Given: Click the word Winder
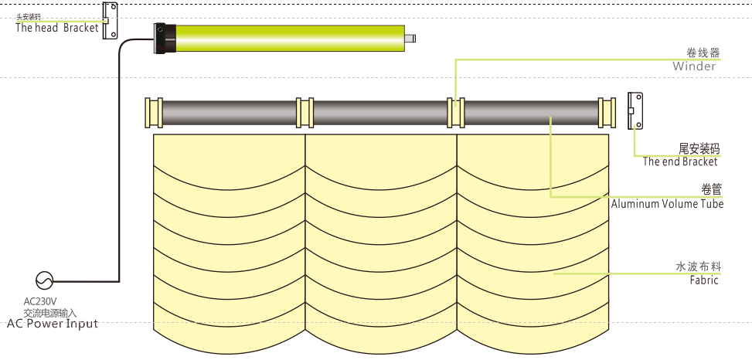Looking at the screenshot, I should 693,66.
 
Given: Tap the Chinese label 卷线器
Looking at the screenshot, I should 703,53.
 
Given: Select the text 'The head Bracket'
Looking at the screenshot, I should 57,28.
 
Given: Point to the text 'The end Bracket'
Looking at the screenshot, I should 679,161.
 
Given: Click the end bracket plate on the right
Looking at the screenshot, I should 635,110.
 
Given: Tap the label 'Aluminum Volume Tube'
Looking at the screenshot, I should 667,204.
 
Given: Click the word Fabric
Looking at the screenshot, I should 703,280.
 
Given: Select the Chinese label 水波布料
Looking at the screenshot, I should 698,267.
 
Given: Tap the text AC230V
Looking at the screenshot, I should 40,301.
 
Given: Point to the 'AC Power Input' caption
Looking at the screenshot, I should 53,324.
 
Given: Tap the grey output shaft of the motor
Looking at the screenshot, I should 411,37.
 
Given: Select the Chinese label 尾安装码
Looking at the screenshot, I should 699,148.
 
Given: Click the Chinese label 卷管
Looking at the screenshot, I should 711,190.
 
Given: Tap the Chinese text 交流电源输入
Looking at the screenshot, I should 49,312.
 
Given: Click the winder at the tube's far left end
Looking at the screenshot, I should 154,112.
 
